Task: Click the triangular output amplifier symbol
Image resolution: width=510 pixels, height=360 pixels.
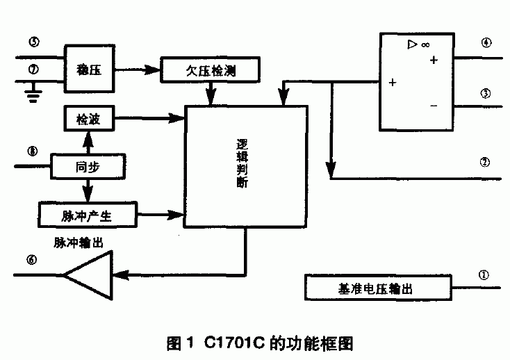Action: (90, 276)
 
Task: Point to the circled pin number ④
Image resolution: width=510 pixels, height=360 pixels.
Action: (486, 43)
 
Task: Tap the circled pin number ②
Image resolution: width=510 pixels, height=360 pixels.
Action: (486, 163)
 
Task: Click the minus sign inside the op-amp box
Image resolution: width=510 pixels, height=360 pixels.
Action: (434, 105)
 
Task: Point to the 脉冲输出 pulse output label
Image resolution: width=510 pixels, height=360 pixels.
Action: (79, 243)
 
